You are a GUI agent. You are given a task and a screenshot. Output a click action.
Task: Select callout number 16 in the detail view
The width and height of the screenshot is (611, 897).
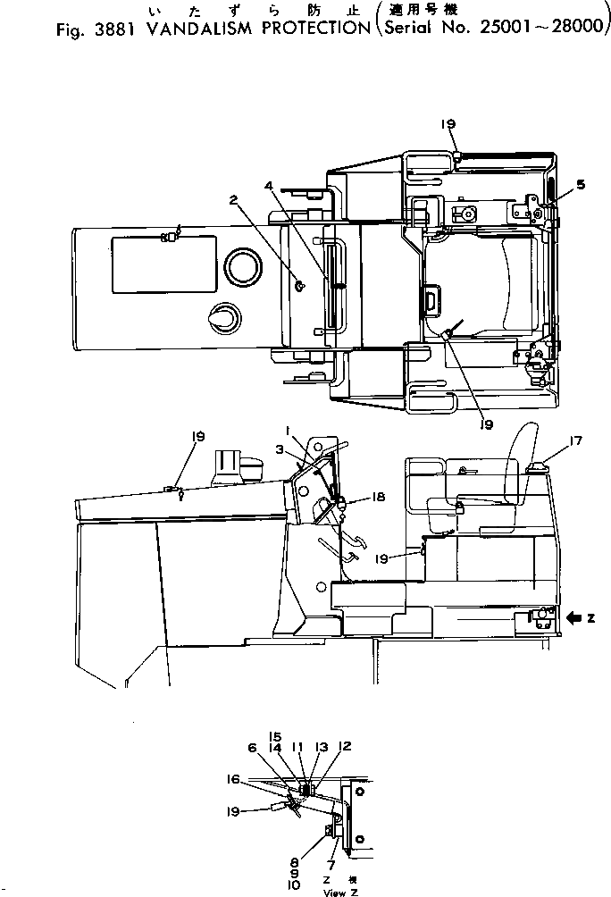point(259,778)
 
